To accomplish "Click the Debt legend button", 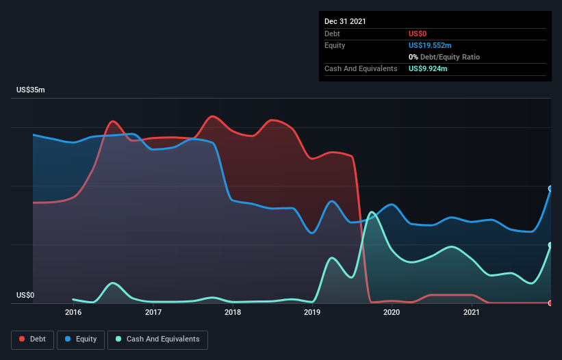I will (x=31, y=339).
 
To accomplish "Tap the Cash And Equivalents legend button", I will (x=157, y=339).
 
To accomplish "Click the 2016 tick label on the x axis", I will (x=73, y=313).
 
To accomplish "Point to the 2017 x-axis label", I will (x=153, y=313).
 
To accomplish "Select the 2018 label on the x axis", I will (x=233, y=313).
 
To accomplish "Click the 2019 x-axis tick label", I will (x=312, y=313).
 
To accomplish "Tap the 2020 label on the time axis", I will (x=392, y=313).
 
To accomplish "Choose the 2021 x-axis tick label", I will (x=471, y=313).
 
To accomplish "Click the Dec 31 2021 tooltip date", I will (x=345, y=21).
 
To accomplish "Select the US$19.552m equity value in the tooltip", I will (x=430, y=45).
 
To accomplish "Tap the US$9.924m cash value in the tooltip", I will (x=428, y=68).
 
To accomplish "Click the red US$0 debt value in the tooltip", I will (x=418, y=34).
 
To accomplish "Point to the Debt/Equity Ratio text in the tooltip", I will (x=446, y=57).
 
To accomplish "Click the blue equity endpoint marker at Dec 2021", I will (x=550, y=188).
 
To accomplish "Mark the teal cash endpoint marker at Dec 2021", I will (x=550, y=245).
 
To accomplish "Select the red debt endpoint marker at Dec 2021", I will (x=550, y=303).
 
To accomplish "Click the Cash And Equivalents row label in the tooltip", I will (x=361, y=68).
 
